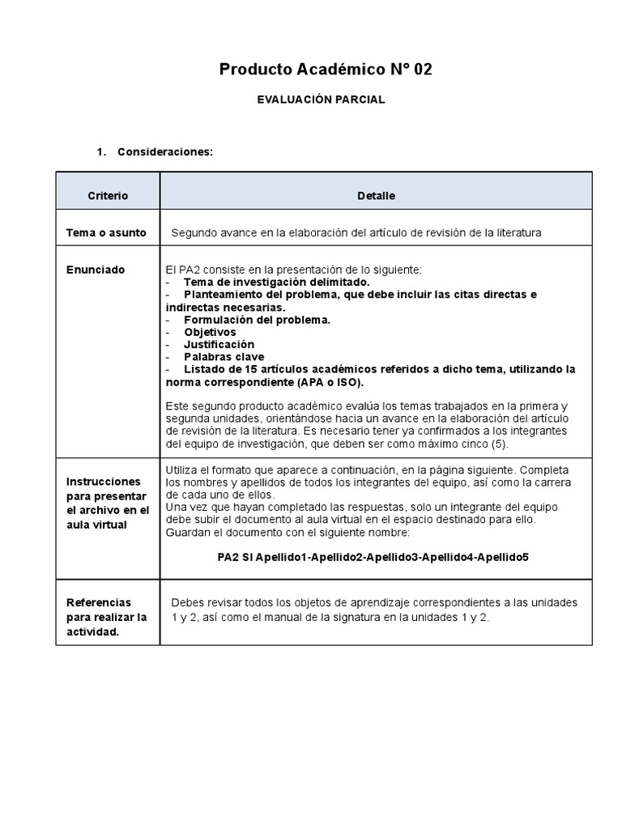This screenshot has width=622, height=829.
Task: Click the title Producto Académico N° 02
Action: pyautogui.click(x=326, y=70)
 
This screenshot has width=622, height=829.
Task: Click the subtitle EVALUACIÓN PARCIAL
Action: pyautogui.click(x=321, y=100)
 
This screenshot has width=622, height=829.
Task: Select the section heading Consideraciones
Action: pyautogui.click(x=164, y=152)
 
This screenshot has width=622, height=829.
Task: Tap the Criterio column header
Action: pyautogui.click(x=108, y=196)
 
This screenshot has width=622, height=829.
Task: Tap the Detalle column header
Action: pyautogui.click(x=376, y=196)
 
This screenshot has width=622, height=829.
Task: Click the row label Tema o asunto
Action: pyautogui.click(x=106, y=232)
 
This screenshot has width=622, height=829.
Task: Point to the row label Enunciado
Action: pyautogui.click(x=96, y=270)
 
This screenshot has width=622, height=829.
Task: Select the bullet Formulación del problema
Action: pyautogui.click(x=257, y=320)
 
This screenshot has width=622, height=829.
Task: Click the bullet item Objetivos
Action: pyautogui.click(x=210, y=332)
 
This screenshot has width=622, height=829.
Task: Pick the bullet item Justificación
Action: pyautogui.click(x=219, y=344)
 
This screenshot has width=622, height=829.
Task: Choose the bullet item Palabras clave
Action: pyautogui.click(x=224, y=357)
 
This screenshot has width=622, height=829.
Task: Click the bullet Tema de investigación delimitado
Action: pyautogui.click(x=276, y=282)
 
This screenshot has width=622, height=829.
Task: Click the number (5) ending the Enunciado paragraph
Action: pyautogui.click(x=501, y=444)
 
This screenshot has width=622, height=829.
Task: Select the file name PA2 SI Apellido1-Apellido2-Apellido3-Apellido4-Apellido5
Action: pyautogui.click(x=373, y=558)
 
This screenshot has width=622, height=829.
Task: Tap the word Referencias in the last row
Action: pyautogui.click(x=98, y=602)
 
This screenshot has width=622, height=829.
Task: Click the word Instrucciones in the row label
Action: pyautogui.click(x=103, y=481)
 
